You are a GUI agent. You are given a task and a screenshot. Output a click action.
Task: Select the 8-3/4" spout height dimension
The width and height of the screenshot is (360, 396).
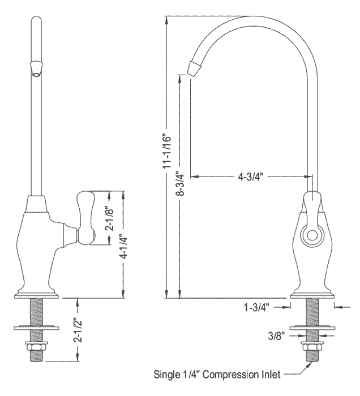(x=181, y=184)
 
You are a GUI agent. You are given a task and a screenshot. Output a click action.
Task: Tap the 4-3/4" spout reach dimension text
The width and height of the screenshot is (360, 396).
(x=251, y=177)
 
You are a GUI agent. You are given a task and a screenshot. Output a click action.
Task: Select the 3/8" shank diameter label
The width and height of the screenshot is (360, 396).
(x=277, y=336)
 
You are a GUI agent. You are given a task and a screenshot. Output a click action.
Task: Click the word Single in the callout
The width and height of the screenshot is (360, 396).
(x=165, y=375)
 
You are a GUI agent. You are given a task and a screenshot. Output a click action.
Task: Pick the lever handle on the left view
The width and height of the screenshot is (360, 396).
(x=86, y=218)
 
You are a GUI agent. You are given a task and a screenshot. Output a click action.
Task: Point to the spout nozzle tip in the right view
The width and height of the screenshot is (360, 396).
(x=195, y=67)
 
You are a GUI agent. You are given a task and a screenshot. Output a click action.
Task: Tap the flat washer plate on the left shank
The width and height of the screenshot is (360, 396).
(x=36, y=328)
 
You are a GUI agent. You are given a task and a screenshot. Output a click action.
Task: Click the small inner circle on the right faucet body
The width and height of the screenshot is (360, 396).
(x=312, y=235)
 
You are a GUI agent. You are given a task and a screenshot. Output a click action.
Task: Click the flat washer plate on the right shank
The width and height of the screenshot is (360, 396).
(x=312, y=328)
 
